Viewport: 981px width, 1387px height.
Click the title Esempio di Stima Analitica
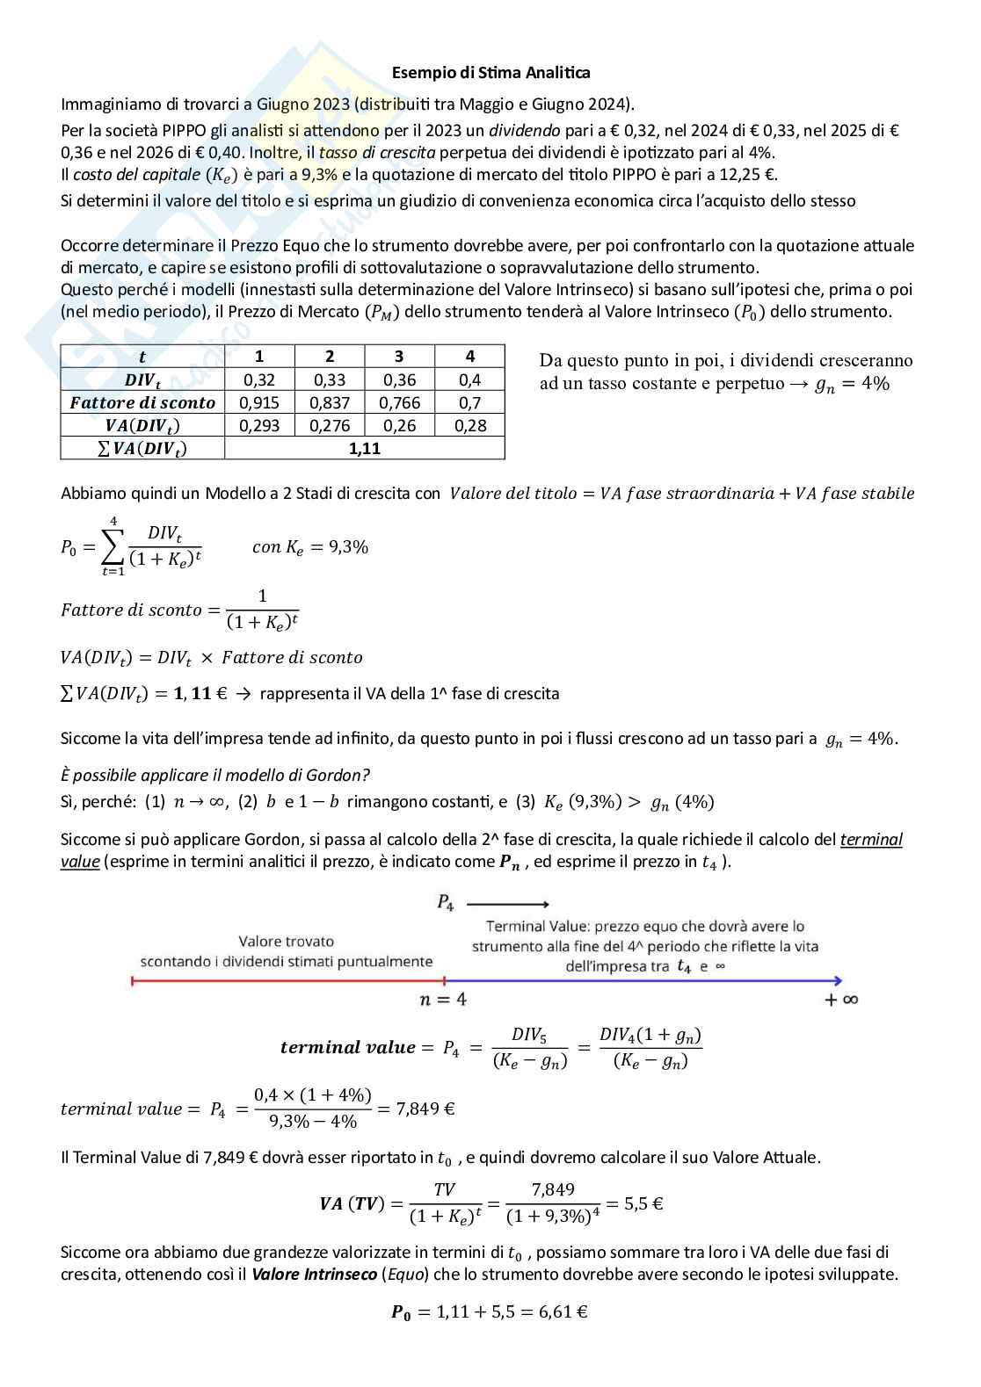point(490,73)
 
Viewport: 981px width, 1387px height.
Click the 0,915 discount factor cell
point(259,402)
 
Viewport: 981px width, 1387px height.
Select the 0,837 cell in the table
point(330,402)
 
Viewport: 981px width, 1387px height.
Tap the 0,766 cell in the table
point(399,402)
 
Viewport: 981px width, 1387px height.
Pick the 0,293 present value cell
point(259,425)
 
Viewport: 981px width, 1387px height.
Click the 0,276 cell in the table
point(330,425)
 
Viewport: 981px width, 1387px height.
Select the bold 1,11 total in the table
point(364,448)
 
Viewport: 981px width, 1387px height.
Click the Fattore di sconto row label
point(142,402)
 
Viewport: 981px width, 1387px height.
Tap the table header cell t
point(142,356)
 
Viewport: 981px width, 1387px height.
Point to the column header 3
point(399,356)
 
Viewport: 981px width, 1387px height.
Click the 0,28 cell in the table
point(469,425)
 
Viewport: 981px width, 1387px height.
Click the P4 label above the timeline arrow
point(446,902)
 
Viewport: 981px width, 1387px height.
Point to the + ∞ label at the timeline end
point(841,1000)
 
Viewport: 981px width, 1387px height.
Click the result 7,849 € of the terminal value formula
point(425,1109)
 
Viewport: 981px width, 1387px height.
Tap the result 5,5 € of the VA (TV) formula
point(643,1203)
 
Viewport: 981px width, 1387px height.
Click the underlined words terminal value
point(870,840)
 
